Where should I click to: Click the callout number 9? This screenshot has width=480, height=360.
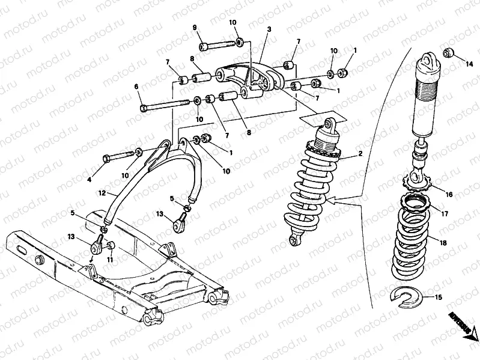[195, 28]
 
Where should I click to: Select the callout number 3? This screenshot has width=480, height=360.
[269, 29]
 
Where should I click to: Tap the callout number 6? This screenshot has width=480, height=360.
[137, 87]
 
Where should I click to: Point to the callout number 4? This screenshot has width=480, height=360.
[90, 179]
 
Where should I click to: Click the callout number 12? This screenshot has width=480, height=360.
[103, 194]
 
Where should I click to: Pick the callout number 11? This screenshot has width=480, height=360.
[109, 259]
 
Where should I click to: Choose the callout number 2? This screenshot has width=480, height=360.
[360, 154]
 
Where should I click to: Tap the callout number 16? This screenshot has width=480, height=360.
[449, 194]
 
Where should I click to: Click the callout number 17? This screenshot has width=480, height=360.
[445, 213]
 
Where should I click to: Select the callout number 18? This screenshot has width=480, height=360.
[444, 243]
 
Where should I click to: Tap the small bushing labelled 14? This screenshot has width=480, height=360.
[448, 52]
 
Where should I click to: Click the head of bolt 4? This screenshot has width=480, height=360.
[106, 157]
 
